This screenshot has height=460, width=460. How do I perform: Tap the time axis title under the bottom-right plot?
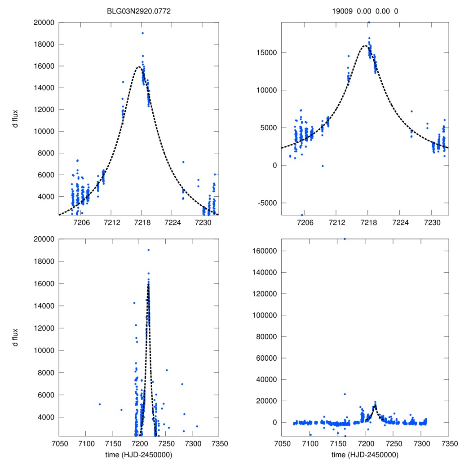coord(365,454)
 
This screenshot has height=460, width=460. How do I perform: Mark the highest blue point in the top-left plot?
coord(142,33)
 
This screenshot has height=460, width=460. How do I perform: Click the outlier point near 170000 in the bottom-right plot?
coord(345,239)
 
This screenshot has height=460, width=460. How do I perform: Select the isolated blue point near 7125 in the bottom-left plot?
coord(100,404)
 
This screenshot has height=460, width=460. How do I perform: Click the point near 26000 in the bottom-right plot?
coord(345,394)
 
